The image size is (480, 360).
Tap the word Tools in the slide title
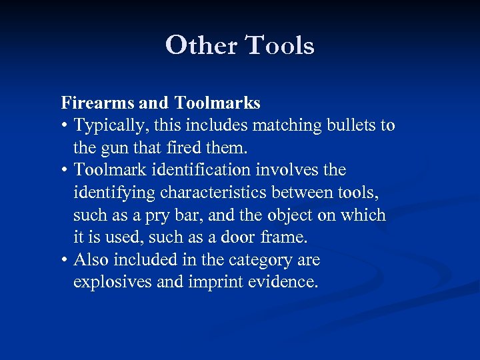[x=280, y=45]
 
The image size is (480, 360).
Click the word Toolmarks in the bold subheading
[x=217, y=103]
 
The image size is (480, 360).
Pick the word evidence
[x=285, y=282]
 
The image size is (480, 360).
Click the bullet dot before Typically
[x=65, y=126]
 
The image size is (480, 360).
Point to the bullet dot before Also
[x=65, y=260]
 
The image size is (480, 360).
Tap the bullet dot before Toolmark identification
[x=65, y=171]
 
